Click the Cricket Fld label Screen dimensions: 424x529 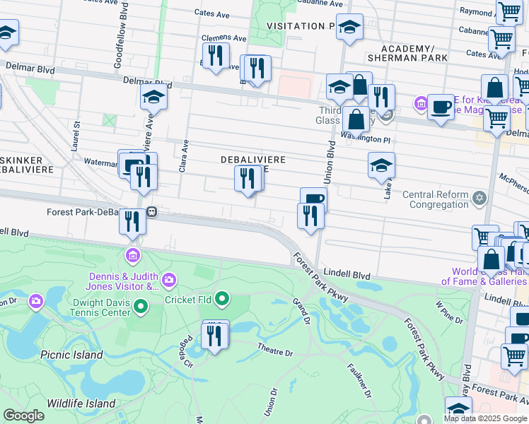pyautogui.click(x=188, y=300)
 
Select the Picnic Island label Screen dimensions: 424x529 pyautogui.click(x=71, y=355)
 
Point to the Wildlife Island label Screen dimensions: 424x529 pyautogui.click(x=81, y=403)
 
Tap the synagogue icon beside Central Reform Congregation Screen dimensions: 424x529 pyautogui.click(x=479, y=196)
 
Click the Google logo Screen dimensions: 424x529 pyautogui.click(x=24, y=416)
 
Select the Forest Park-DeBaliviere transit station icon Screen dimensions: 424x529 pyautogui.click(x=151, y=211)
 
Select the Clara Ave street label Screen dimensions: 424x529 pyautogui.click(x=183, y=155)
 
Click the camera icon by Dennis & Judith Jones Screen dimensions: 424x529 pyautogui.click(x=168, y=281)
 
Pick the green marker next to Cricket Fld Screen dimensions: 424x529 pyautogui.click(x=222, y=300)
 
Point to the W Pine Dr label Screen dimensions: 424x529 pyautogui.click(x=449, y=312)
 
